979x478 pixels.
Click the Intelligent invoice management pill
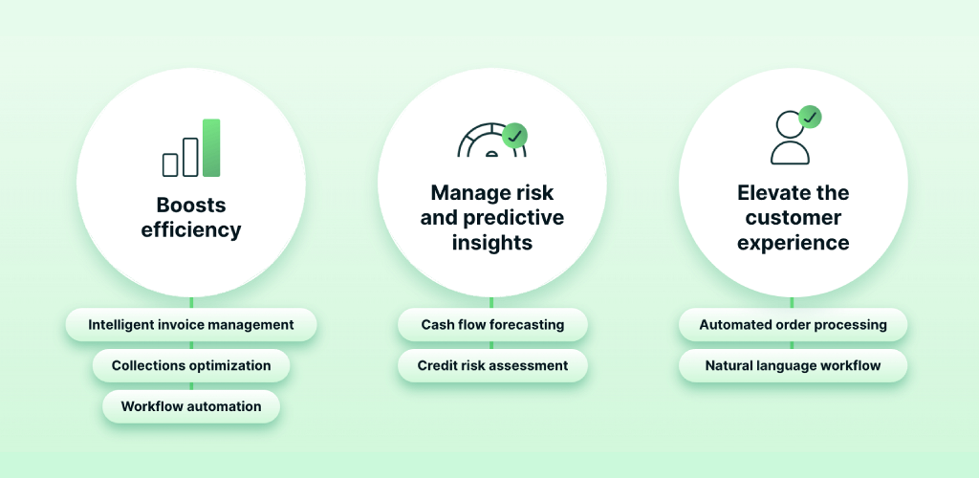tap(191, 325)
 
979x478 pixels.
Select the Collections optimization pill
tap(191, 366)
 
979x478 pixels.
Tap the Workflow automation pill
tap(191, 407)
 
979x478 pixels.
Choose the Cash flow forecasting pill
tap(492, 325)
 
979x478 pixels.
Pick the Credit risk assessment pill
tap(492, 366)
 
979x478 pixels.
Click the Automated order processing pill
tap(793, 325)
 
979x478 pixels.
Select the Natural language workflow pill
tap(793, 366)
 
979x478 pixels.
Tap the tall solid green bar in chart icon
tap(211, 148)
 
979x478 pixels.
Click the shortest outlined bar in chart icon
tap(170, 165)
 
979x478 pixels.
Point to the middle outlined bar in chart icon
tap(190, 158)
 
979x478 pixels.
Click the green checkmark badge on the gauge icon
tap(515, 136)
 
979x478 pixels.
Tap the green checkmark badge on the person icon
tap(810, 118)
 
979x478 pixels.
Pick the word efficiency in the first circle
tap(191, 230)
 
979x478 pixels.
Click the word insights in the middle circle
tap(492, 243)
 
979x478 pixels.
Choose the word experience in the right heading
tap(793, 243)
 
